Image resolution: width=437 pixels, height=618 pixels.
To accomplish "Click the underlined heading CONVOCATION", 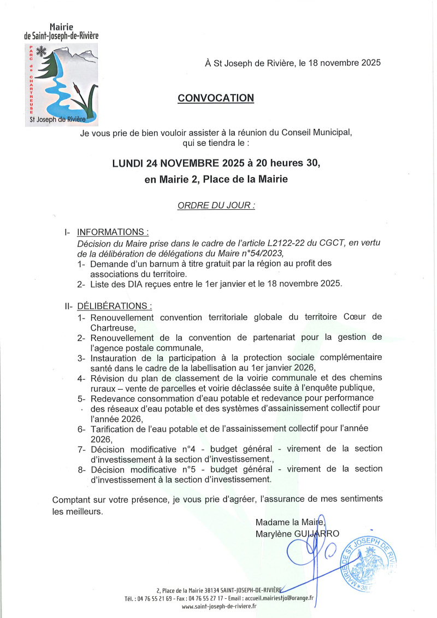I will tap(216, 98).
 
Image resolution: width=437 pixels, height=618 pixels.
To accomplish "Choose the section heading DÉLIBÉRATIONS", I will tap(115, 305).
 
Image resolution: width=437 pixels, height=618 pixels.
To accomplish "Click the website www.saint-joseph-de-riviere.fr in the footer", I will tap(219, 606).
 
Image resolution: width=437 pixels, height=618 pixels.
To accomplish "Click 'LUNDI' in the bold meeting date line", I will tap(128, 163).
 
